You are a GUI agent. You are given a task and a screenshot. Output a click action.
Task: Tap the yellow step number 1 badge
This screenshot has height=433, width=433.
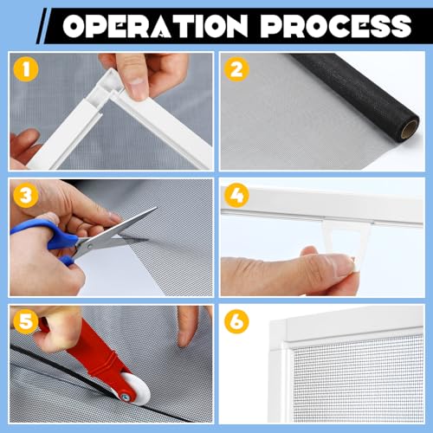25,67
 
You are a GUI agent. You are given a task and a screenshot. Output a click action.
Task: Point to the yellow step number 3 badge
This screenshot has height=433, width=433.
25,195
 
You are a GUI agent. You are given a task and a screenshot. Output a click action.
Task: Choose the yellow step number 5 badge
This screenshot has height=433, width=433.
25,322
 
